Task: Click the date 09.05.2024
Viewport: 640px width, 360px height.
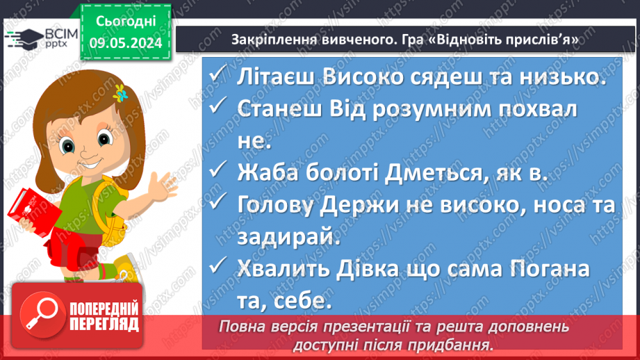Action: pyautogui.click(x=126, y=43)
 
